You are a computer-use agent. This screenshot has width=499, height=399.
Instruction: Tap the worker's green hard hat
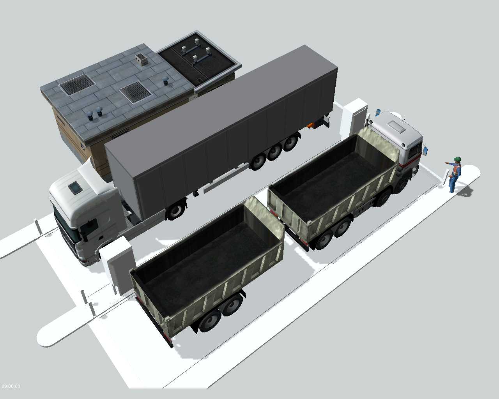458,159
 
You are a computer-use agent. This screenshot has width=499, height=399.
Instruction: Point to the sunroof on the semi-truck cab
75,187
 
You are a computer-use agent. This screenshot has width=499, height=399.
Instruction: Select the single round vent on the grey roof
165,80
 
